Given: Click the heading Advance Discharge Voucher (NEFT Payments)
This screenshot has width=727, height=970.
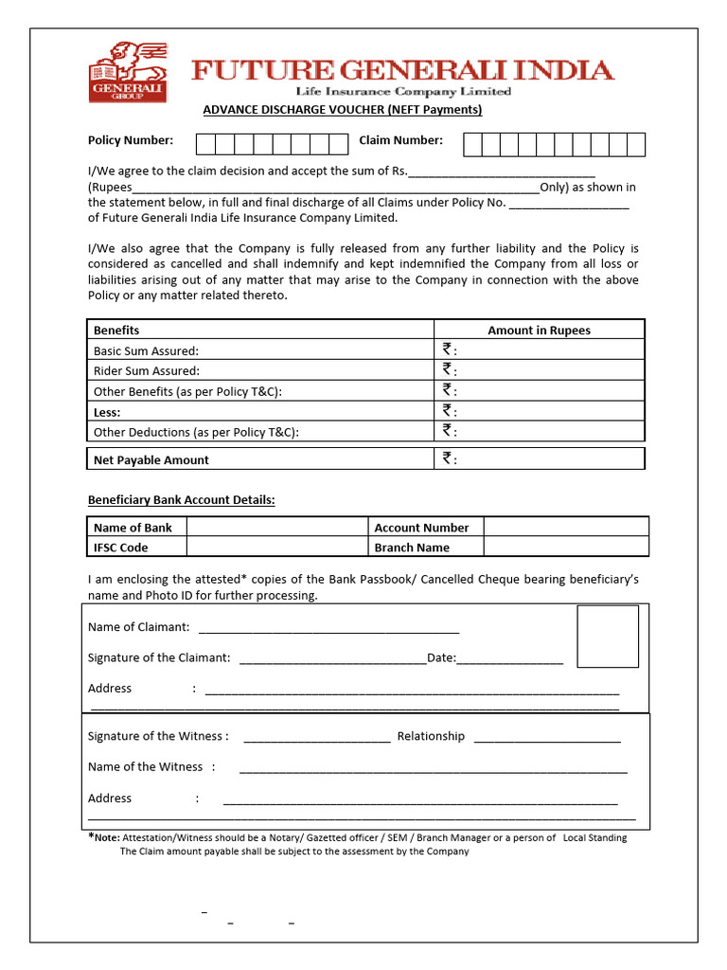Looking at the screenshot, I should point(343,110).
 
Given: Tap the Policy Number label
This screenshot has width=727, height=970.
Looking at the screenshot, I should point(131,140).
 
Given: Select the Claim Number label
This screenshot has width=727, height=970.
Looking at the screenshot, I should point(400,140).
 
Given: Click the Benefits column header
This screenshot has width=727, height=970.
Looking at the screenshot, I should point(116,331).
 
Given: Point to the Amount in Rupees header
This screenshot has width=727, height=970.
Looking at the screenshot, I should point(539,331).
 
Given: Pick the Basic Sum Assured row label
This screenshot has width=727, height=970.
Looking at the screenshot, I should point(146,350).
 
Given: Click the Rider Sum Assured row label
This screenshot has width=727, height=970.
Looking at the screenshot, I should point(147,371).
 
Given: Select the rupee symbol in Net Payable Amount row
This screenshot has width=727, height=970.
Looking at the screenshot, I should point(447,458).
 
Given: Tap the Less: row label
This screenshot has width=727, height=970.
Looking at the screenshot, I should point(107,412).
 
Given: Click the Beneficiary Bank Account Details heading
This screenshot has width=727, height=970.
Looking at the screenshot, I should point(182,500).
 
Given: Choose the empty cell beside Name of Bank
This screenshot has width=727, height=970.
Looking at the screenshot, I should point(276,528).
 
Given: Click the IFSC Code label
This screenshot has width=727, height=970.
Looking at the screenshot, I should point(121,548).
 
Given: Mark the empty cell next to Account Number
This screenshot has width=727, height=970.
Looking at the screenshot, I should point(566,528).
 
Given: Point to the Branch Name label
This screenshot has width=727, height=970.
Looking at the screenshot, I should point(412,548).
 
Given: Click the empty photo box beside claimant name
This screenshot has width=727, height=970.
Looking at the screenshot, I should point(608,637).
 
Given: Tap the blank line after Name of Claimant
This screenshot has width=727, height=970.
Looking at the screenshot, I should point(328,629).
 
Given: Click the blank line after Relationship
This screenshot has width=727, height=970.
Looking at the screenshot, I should point(547,739).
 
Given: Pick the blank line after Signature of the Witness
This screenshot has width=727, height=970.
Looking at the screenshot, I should point(317,739).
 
